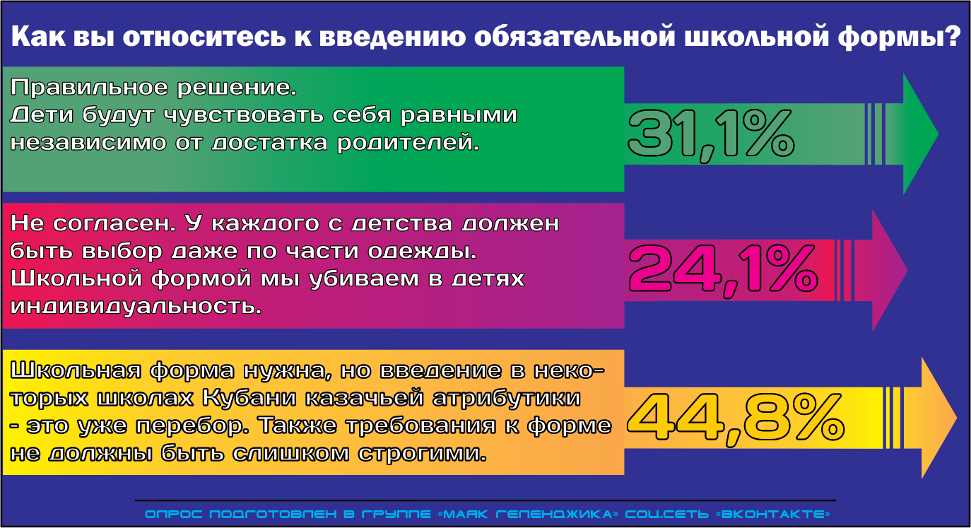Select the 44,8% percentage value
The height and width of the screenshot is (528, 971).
point(736,419)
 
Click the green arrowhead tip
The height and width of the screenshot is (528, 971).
point(938,134)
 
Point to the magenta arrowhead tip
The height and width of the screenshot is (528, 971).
point(907,271)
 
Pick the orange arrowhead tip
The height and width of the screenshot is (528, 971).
point(957,418)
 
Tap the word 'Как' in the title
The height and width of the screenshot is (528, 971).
point(38,37)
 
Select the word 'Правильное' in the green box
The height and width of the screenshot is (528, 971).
point(89,88)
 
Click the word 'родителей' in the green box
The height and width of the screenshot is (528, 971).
point(408,143)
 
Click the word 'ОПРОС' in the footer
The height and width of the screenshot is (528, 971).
point(173,515)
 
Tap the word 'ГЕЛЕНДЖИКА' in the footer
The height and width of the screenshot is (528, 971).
point(557,515)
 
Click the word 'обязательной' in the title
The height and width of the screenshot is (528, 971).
point(575,37)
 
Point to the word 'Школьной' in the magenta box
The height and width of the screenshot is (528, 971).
point(76,278)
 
